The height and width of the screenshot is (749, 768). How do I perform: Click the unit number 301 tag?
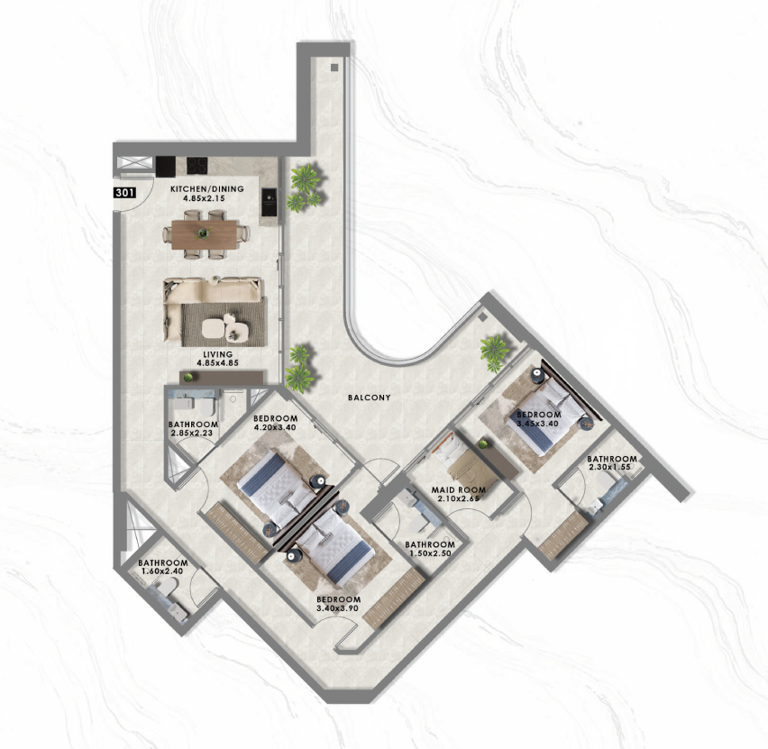coord(125,193)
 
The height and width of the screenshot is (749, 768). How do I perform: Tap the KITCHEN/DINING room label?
coord(206,188)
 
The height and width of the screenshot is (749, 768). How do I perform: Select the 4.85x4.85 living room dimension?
coord(217,363)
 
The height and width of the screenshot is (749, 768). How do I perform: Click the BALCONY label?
coord(370,397)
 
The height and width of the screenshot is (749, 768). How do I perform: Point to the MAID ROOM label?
coord(459,489)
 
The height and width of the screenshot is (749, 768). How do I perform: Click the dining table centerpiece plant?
coord(204,233)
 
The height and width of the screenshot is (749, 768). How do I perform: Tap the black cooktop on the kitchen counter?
coord(197,165)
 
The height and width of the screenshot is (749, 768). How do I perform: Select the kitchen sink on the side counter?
coord(269,201)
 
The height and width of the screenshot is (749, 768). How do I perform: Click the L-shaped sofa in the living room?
coord(213,308)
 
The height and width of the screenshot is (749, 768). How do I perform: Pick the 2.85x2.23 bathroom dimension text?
coord(191,433)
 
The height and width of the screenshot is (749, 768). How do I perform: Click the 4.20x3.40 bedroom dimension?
coord(275,427)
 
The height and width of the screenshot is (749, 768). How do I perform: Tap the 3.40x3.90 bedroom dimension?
coord(337,608)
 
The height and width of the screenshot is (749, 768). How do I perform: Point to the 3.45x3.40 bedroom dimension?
coord(538,424)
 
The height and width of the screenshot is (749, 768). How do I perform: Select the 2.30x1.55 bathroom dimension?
coord(609,467)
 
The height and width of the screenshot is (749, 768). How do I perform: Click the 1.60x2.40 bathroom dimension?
coord(162,571)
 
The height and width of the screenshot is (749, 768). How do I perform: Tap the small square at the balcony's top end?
coord(335,67)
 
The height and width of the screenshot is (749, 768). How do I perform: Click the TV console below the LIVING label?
coord(222,377)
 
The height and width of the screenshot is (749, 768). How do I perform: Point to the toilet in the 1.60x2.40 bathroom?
coord(166,587)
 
